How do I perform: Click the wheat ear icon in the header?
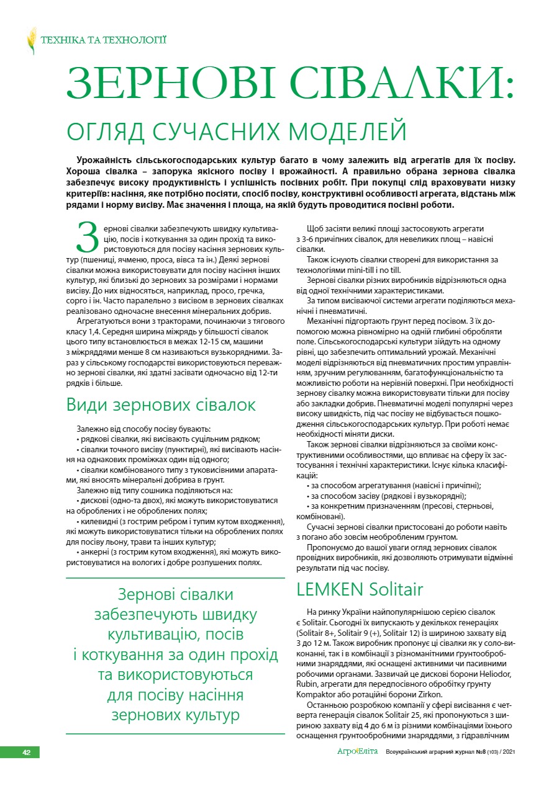[31, 41]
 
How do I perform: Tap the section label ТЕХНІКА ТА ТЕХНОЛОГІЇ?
[103, 41]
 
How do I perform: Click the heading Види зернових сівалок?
[161, 405]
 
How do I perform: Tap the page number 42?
[27, 752]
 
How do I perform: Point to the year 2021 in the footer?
[508, 753]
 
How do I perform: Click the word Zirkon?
[429, 694]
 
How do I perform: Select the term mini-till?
[361, 270]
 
